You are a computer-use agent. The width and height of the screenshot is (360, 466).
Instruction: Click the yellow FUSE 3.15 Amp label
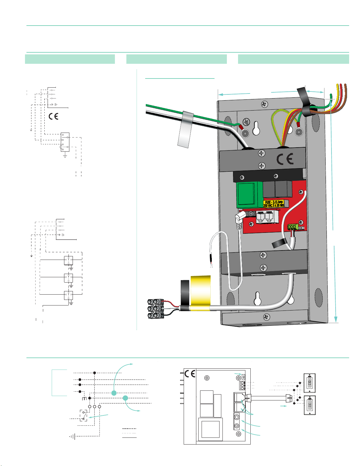pos(274,204)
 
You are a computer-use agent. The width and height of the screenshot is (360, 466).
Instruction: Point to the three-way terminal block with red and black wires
pos(156,309)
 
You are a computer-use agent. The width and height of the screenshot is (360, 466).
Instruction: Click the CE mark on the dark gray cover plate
pos(285,159)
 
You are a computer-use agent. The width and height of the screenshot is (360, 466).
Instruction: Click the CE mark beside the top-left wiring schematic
pos(53,116)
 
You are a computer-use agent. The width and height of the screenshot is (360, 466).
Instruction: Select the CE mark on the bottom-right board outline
pos(190,374)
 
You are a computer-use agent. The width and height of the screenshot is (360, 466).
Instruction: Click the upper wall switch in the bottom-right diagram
pos(309,383)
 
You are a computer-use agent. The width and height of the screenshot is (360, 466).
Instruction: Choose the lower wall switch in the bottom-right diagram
pos(309,405)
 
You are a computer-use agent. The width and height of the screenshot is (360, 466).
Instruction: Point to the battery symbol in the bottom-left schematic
pos(73,437)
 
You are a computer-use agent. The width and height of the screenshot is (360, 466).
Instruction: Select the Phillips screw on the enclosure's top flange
pos(264,104)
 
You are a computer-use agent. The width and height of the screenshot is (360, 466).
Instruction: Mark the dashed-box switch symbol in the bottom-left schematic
pos(83,415)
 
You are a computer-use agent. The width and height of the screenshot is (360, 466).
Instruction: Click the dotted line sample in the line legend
pos(129,433)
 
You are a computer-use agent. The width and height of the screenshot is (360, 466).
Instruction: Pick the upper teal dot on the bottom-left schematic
pos(114,393)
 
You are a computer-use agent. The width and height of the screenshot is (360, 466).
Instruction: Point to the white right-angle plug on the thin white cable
pos(240,218)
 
